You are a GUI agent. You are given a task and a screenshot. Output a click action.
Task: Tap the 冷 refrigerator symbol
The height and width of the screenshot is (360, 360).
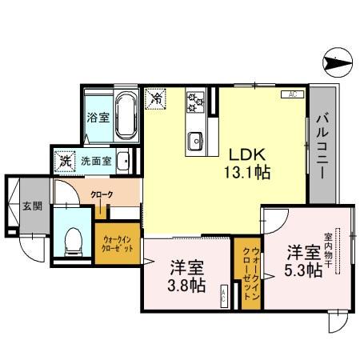tap(158, 99)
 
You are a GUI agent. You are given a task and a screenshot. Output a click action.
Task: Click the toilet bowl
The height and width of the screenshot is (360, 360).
tap(74, 238)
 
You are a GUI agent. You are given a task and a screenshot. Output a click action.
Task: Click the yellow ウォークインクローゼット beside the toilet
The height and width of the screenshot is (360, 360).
tap(118, 242)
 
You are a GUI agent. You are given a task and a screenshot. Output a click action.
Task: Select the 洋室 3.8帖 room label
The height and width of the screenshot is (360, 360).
tap(186, 277)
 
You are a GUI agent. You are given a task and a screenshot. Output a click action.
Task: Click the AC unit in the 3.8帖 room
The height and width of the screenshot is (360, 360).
tap(223, 297)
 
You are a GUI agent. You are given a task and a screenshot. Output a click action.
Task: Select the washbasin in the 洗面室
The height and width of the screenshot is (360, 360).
tap(122, 161)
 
